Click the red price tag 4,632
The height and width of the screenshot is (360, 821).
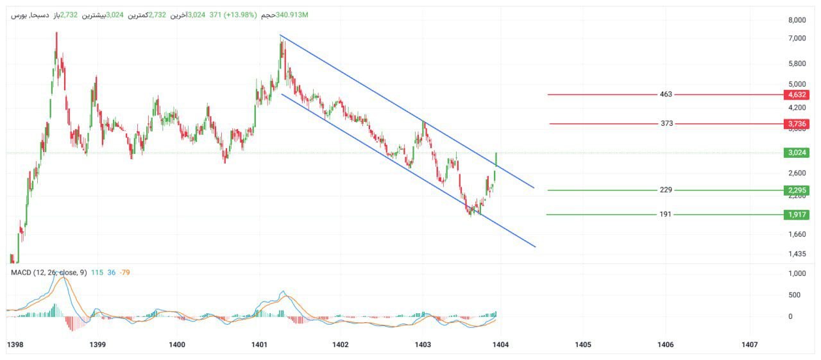tap(796, 94)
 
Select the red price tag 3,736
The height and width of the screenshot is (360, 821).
tap(796, 124)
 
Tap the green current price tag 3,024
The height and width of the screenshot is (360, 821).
tap(796, 153)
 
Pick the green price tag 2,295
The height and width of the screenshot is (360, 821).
tap(796, 190)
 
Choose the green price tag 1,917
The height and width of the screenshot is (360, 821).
tap(796, 214)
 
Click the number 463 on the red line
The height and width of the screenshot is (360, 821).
tap(666, 94)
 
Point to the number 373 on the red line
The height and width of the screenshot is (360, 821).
tap(666, 123)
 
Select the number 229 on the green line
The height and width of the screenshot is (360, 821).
tap(666, 190)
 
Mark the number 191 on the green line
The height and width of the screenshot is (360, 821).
tap(665, 214)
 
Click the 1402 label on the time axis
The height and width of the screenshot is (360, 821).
tap(341, 345)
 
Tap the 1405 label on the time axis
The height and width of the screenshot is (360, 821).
tap(583, 345)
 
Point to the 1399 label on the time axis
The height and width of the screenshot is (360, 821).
tap(97, 345)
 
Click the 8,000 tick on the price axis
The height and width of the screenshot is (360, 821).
tap(797, 21)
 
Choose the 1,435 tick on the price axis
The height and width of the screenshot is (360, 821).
tap(797, 253)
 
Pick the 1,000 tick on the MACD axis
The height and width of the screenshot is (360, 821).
tap(797, 273)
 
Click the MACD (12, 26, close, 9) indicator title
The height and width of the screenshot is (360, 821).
tap(49, 273)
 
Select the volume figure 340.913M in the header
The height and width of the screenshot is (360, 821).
tap(292, 15)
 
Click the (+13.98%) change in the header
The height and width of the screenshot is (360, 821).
tap(241, 15)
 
